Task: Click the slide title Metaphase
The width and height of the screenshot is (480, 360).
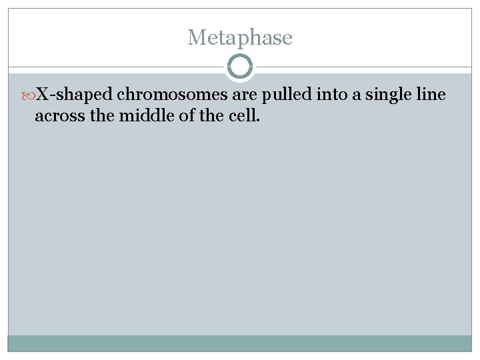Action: coord(239,37)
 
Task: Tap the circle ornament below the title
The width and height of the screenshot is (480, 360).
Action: coord(240,67)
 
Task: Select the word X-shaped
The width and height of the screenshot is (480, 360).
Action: coord(74,96)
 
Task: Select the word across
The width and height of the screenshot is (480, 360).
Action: coord(59,116)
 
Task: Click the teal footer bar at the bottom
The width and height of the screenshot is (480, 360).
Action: coord(239,343)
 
